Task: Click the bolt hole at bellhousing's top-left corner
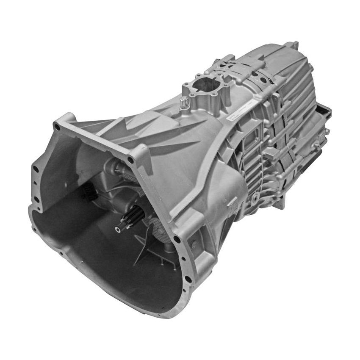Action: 57,126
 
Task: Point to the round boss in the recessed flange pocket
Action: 193,244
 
